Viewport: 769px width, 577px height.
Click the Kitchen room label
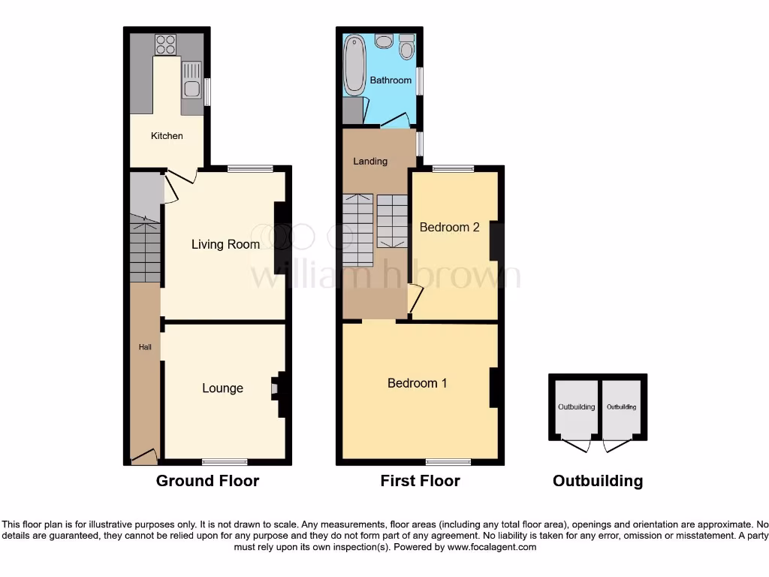pos(167,136)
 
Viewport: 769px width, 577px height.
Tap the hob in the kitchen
pos(165,45)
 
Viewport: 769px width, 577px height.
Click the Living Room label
pos(225,244)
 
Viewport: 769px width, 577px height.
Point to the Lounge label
pos(222,388)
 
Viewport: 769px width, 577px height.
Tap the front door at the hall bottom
pos(144,455)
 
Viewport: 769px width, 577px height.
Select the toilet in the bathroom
pos(407,47)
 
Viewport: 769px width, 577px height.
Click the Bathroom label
pos(391,80)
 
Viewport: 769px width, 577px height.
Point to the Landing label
pos(370,161)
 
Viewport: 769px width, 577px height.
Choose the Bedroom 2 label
pos(449,227)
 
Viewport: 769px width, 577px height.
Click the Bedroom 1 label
pos(417,383)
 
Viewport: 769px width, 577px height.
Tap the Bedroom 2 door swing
pos(415,299)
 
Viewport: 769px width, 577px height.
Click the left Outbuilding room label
pos(576,407)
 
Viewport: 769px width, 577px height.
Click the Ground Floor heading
pos(207,481)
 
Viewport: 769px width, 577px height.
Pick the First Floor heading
pos(420,481)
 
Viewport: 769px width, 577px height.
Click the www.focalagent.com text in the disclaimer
pos(492,548)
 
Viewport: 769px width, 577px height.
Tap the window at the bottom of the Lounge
pos(225,461)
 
